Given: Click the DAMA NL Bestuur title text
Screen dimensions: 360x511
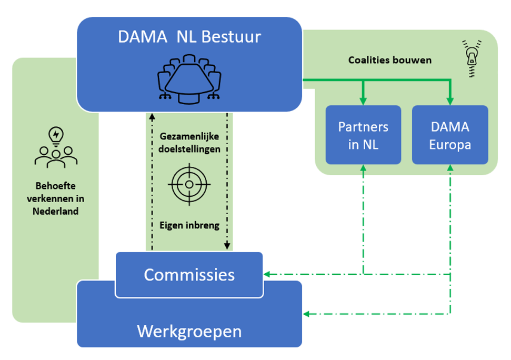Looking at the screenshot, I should [189, 37].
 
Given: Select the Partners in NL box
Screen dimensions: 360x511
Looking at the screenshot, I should [363, 135].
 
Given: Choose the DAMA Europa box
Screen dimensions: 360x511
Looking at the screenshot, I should [449, 135].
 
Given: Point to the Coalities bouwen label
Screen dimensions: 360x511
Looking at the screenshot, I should [389, 60].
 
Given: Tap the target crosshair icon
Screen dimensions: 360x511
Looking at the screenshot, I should [189, 184].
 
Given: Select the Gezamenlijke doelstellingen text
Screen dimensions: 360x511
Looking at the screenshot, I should [189, 143].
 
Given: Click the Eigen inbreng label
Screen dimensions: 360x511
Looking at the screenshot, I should [189, 225].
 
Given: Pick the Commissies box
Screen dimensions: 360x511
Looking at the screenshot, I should [189, 274].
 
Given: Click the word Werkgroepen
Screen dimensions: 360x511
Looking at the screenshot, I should [189, 331].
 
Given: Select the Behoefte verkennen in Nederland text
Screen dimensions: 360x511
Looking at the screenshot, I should [56, 198].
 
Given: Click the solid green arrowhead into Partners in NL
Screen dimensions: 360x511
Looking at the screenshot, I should [363, 101].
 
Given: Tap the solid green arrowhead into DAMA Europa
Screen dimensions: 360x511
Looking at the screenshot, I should [450, 101].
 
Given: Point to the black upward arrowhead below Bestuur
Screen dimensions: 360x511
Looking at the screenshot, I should [152, 116].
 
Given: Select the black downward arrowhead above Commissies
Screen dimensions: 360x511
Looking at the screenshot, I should [227, 246].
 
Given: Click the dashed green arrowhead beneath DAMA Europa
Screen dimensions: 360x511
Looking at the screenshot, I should [450, 168].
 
